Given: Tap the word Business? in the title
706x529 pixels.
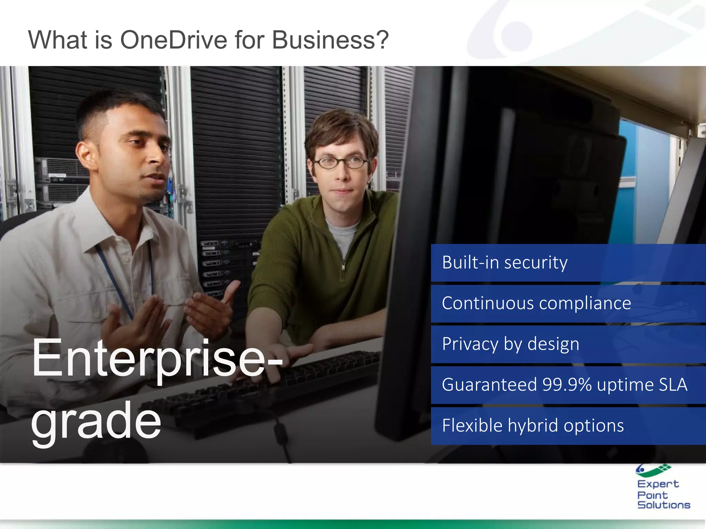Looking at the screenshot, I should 330,40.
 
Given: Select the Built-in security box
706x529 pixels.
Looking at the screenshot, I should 568,262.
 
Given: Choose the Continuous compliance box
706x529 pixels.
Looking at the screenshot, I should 568,303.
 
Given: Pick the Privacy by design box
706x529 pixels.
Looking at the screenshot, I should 568,344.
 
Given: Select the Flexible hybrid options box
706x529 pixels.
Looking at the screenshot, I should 568,426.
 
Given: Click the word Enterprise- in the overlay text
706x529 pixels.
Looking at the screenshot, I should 157,358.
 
